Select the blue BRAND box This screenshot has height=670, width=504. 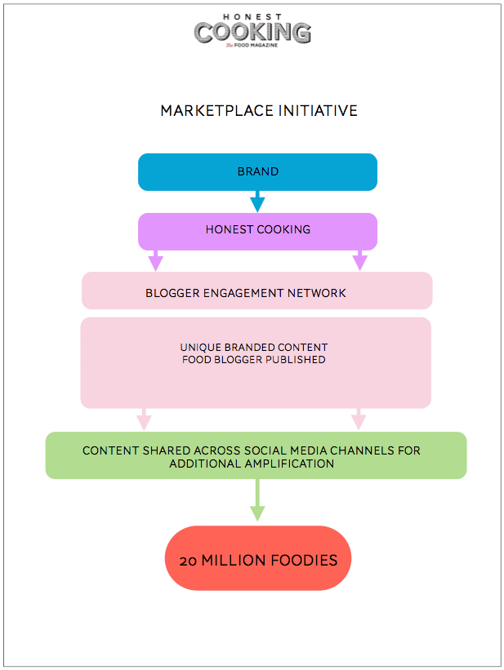point(257,172)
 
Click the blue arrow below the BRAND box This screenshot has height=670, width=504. point(257,201)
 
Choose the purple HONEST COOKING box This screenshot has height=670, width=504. point(257,230)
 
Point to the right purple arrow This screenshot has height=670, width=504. point(359,260)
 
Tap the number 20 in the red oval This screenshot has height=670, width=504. point(189,561)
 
